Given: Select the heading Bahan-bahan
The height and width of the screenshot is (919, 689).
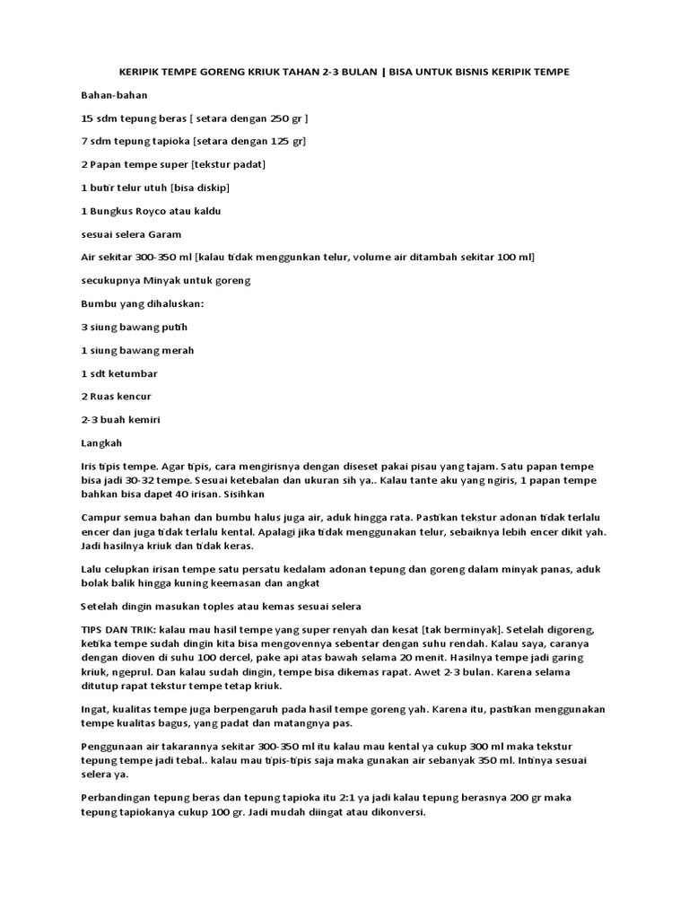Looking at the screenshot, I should click(114, 94).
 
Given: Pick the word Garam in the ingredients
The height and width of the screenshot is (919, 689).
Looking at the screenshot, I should click(165, 234).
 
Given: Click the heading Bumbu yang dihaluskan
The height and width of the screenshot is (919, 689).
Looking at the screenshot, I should click(143, 303).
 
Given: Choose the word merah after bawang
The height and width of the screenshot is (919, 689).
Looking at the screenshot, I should click(176, 350).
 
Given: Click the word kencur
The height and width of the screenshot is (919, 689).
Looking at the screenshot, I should click(134, 397).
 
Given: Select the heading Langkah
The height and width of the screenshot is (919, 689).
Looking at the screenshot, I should click(101, 443).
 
